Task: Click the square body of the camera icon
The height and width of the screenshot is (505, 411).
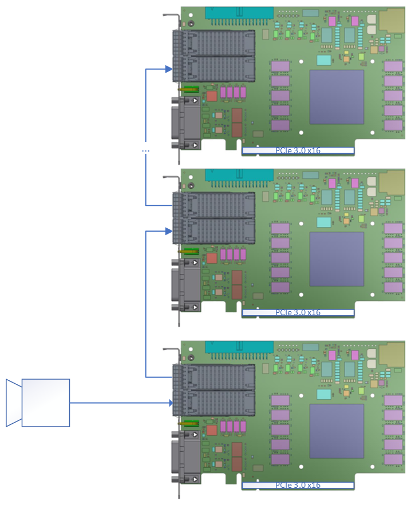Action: tap(46, 403)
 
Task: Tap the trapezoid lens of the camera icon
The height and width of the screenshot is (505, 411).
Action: tap(14, 403)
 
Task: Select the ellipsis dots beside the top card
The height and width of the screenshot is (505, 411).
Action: tap(145, 151)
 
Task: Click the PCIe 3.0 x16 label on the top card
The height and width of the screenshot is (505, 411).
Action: tap(298, 151)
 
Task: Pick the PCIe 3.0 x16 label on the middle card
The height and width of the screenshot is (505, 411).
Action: tap(298, 313)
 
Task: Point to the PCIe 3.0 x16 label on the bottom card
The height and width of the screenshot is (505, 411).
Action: tap(298, 486)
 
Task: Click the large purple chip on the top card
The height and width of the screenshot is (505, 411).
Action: tap(337, 97)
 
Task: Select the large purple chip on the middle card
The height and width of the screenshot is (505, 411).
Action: tap(337, 259)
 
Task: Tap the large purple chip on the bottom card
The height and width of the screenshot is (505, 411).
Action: tap(337, 431)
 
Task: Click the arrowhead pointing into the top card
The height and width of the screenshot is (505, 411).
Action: tap(169, 69)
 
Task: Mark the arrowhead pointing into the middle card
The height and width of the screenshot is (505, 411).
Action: tap(169, 231)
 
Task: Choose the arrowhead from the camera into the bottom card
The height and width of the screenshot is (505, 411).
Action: tap(170, 403)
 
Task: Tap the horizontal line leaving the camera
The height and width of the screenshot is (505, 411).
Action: tap(120, 403)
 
